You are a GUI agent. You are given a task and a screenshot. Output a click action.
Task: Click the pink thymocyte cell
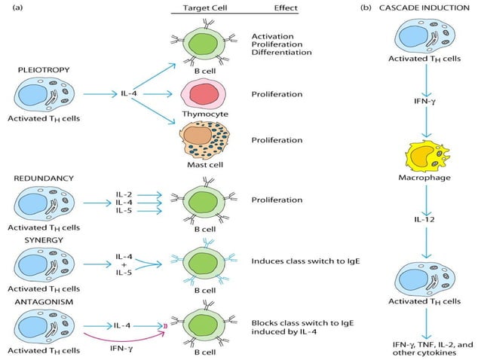[199, 94]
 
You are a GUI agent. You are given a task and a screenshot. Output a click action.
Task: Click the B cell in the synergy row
[199, 264]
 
